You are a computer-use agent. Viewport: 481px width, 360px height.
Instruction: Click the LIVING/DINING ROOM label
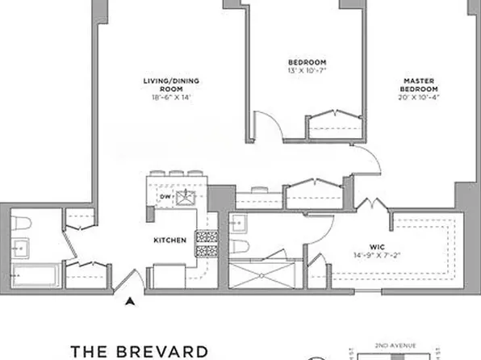point(170,84)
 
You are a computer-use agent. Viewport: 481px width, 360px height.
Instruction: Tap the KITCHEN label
point(171,241)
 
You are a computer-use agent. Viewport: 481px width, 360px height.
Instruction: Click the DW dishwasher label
point(164,196)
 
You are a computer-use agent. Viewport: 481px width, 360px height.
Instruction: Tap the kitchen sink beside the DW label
point(186,196)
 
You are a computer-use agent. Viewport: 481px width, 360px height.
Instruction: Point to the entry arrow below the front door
point(128,302)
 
